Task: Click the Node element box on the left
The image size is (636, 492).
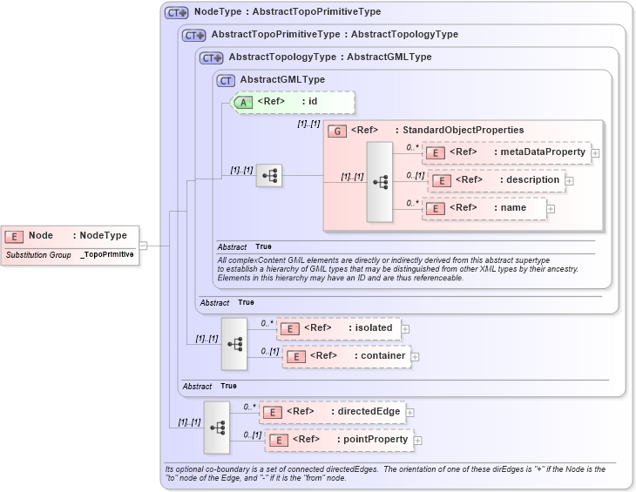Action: coord(70,236)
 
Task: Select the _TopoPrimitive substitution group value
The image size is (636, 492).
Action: coord(108,255)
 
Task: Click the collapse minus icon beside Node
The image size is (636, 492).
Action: coord(144,246)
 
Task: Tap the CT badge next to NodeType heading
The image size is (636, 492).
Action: coord(177,13)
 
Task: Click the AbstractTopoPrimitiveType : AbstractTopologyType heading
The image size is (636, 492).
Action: coord(335,35)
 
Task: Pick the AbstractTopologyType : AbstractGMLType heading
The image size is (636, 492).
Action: coord(329,57)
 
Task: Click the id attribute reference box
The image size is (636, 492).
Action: coord(293,102)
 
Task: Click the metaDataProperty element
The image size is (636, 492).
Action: coord(506,152)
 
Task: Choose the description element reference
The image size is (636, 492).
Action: coord(497,180)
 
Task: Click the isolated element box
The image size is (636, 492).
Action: coord(339,328)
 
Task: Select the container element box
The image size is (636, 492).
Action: coord(346,356)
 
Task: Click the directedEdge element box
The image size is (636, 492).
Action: coord(333,412)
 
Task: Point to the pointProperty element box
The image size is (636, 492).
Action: coord(339,440)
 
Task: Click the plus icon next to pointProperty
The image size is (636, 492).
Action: coord(418,441)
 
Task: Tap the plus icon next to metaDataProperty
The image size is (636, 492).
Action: coord(595,153)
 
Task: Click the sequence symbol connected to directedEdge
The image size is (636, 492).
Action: coord(217,427)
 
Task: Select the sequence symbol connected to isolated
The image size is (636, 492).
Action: coord(234,343)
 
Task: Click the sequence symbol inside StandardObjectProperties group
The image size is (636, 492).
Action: coord(380,182)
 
